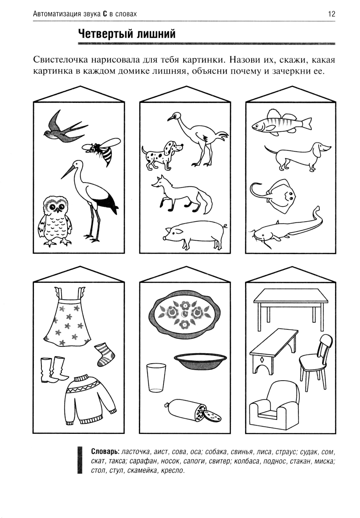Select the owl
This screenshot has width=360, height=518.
pyautogui.click(x=55, y=221)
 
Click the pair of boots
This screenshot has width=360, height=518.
pyautogui.click(x=54, y=370)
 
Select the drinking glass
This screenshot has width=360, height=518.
pyautogui.click(x=156, y=378)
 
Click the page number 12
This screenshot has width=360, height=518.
pyautogui.click(x=332, y=14)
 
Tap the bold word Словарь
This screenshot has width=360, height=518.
pyautogui.click(x=105, y=451)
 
